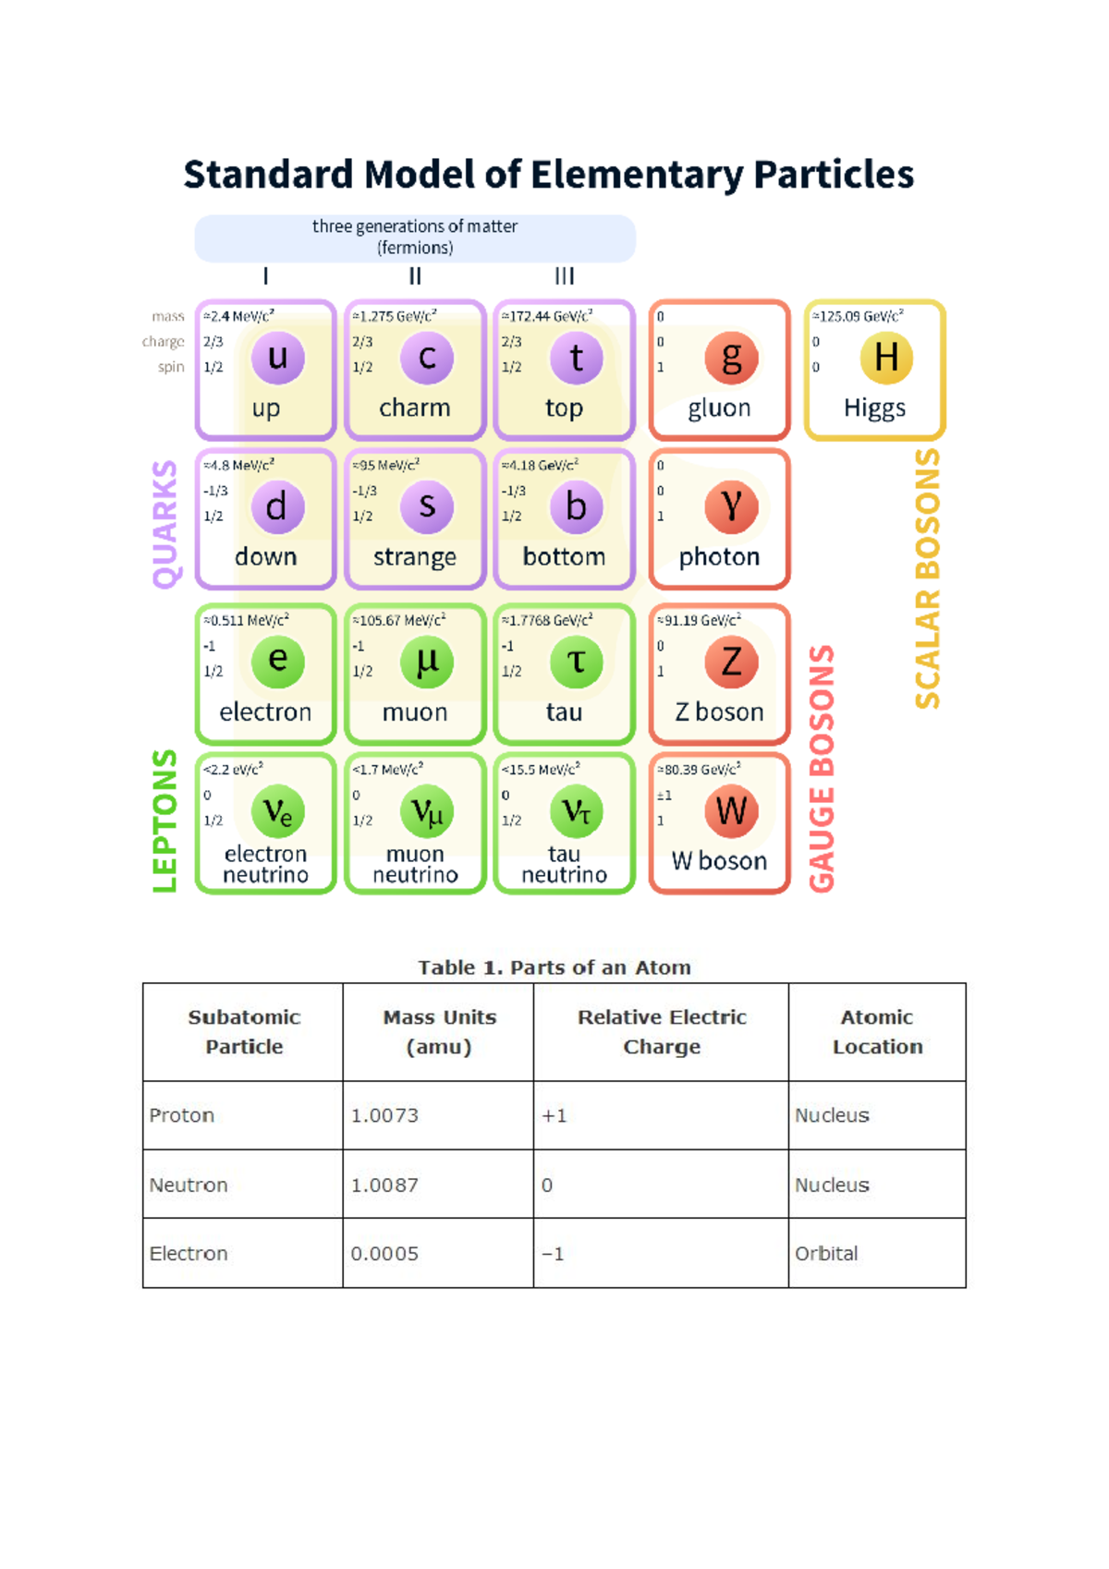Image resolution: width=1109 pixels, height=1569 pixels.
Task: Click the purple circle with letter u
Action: coord(278,358)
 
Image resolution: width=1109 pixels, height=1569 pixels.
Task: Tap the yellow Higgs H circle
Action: coord(886,358)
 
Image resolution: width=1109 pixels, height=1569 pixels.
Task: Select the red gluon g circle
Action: coord(731,358)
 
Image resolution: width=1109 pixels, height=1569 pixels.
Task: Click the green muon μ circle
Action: coord(427,662)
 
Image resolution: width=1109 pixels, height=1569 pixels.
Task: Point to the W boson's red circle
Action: coord(731,811)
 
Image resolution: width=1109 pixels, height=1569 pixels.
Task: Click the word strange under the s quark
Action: coord(415,557)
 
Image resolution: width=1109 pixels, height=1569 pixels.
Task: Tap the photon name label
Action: coord(720,557)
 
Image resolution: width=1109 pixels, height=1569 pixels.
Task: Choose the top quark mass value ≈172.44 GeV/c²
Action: coord(547,316)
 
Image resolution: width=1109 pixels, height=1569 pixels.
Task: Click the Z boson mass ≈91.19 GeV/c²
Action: coord(700,620)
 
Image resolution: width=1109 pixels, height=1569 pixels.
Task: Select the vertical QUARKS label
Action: coord(165,524)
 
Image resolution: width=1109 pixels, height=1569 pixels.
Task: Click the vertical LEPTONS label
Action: coord(165,821)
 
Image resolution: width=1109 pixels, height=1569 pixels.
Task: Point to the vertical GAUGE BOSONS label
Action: coord(822,769)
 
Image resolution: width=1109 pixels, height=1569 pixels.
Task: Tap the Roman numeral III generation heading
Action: coord(565,276)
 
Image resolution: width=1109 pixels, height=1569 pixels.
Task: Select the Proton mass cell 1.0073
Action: coord(384,1115)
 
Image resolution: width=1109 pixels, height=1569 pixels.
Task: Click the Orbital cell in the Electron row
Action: coord(826,1253)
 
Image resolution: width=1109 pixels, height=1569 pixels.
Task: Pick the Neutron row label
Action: coord(189,1185)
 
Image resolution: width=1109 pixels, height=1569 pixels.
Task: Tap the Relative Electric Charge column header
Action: coord(662,1031)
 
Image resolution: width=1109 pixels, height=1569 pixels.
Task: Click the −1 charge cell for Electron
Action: coord(553,1253)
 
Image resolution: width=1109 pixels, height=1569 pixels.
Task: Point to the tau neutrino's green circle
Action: coord(577,811)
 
